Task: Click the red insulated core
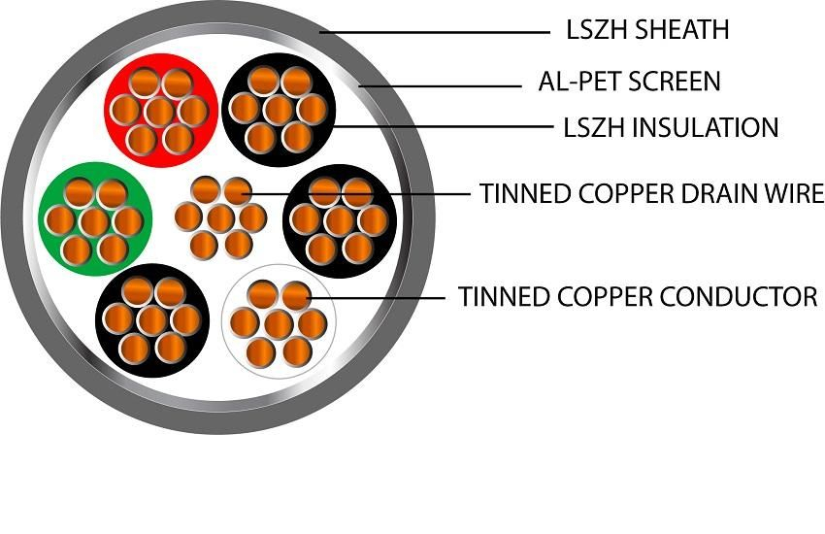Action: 160,110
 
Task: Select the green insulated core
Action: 94,219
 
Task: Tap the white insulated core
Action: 280,321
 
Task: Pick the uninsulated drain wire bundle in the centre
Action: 221,217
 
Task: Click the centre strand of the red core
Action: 160,109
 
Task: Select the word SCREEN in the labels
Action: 675,81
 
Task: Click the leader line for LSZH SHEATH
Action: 437,33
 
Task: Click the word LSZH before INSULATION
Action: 593,127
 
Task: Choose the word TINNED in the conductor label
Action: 496,295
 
